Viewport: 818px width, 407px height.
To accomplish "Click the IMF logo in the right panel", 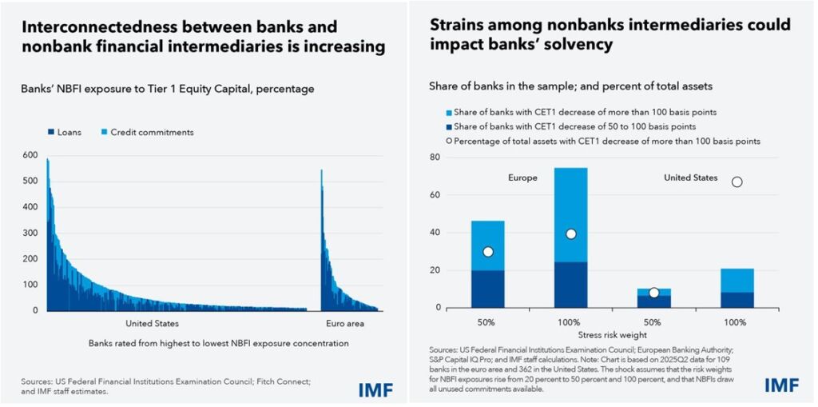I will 780,385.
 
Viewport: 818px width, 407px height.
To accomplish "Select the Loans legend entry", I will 63,132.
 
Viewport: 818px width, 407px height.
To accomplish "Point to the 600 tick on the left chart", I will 30,155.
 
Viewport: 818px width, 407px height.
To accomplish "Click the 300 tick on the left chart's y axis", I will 30,233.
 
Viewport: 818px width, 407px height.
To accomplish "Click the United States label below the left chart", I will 152,324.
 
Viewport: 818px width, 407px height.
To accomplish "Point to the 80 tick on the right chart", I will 435,158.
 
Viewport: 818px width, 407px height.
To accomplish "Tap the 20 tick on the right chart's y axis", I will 435,270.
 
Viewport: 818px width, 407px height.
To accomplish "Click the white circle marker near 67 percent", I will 737,182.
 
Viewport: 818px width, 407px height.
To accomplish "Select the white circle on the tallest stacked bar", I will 570,233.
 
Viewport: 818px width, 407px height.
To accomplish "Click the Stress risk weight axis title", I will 612,336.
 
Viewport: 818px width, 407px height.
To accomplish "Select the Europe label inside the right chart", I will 523,178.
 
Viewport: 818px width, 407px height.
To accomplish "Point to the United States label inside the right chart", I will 691,178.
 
